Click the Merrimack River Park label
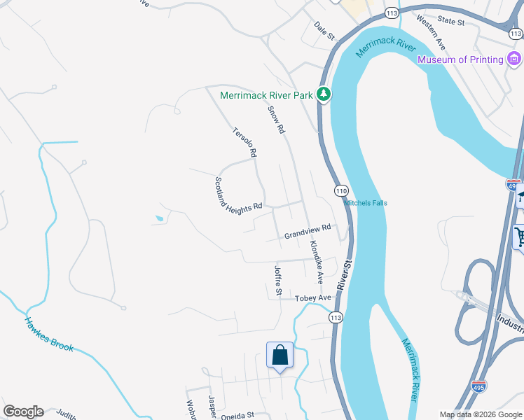click(266, 94)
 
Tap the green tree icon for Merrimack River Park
click(323, 94)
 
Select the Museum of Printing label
click(460, 59)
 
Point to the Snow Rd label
click(277, 120)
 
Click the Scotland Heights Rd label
click(237, 194)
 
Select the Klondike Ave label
click(316, 262)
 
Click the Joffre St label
click(278, 280)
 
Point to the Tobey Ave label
click(312, 298)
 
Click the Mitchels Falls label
click(365, 203)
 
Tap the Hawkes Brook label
click(49, 335)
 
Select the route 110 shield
click(341, 190)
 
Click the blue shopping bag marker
click(280, 355)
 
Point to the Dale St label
click(325, 31)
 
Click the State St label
click(450, 22)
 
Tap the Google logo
click(23, 412)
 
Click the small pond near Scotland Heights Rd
click(160, 219)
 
